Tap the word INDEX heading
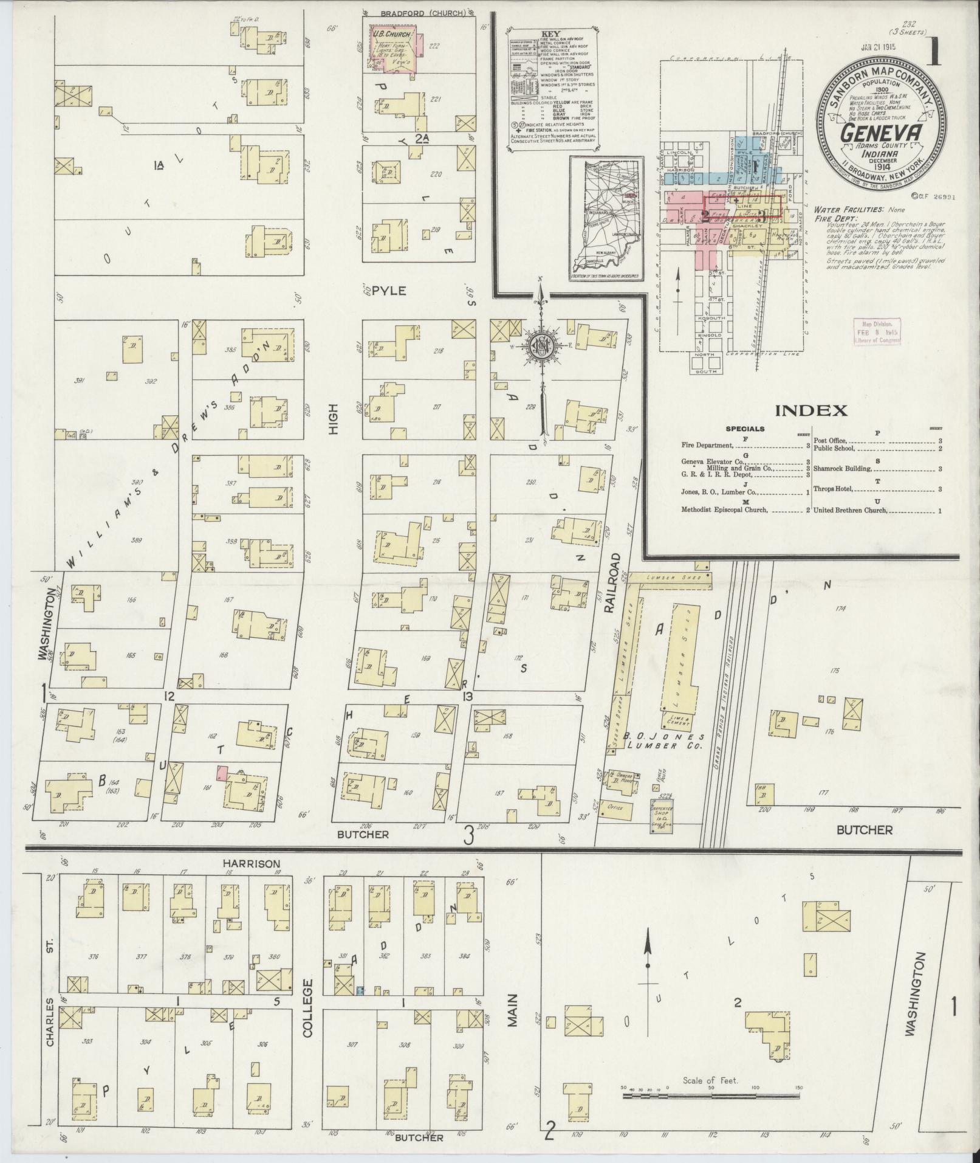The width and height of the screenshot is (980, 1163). click(x=814, y=410)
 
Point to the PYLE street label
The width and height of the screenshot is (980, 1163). click(x=388, y=291)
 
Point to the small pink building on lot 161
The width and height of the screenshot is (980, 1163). click(x=222, y=773)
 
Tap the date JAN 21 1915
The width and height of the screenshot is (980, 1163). click(x=881, y=46)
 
